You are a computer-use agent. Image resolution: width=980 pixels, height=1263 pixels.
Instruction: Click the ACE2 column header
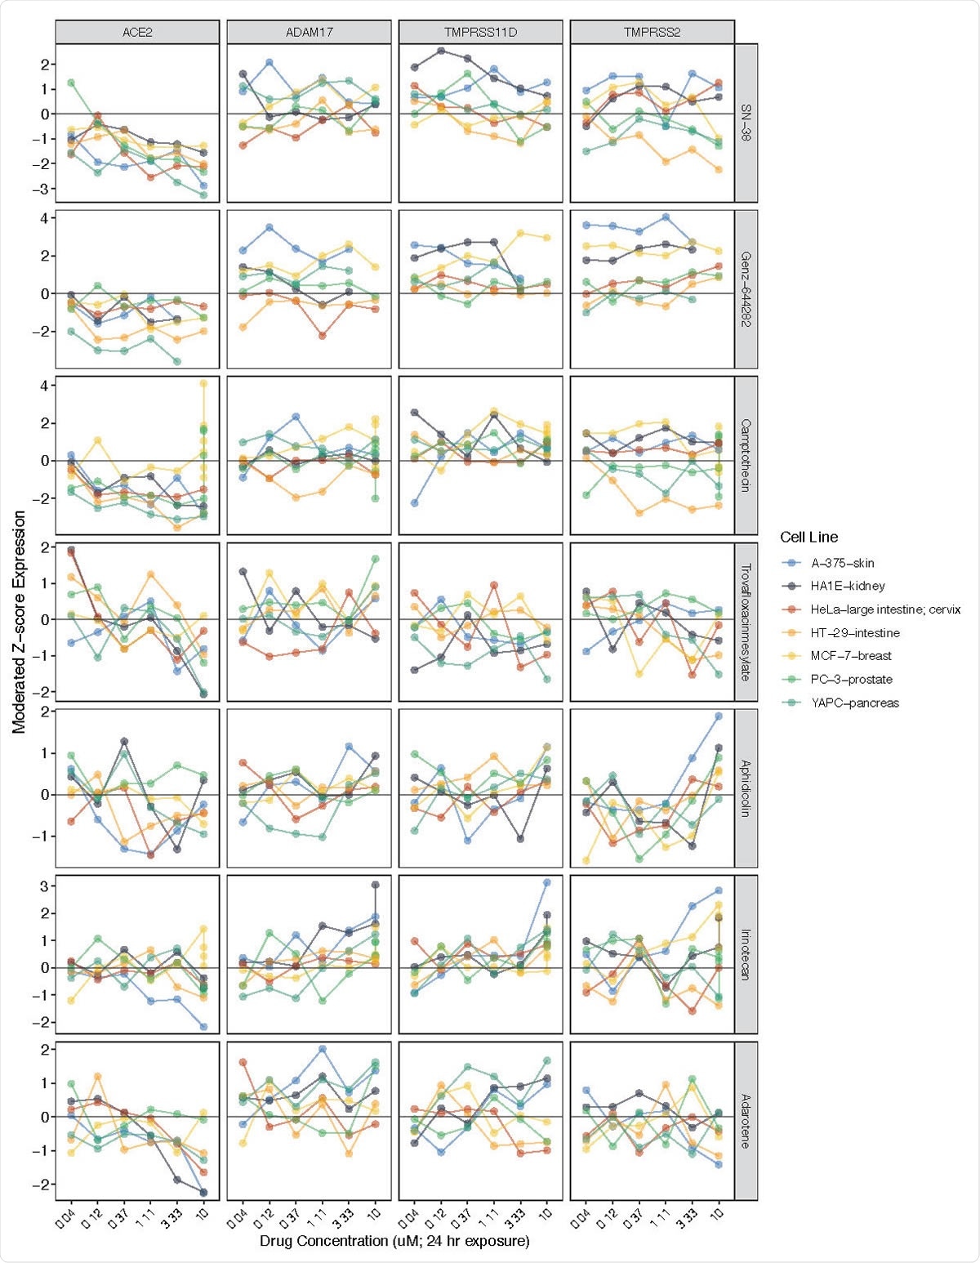coord(137,32)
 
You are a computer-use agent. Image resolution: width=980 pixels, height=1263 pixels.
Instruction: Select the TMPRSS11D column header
coord(480,32)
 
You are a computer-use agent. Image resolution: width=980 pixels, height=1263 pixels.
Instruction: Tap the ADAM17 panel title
coord(309,32)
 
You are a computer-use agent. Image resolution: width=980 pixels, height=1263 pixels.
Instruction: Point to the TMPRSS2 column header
coord(652,32)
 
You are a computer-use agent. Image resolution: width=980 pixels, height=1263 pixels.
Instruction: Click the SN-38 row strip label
coord(746,123)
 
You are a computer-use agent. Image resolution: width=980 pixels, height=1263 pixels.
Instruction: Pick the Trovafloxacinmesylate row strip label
coord(746,622)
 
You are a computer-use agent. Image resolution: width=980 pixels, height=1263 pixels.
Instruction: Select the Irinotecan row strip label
coord(746,953)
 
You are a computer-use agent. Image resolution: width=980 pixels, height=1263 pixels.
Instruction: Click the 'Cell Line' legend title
coord(808,537)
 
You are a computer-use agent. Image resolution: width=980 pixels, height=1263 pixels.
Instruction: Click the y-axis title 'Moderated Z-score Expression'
coord(18,622)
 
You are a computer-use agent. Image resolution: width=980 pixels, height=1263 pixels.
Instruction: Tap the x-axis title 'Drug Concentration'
coord(394,1241)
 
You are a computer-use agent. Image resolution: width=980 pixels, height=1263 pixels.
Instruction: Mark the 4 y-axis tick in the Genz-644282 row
coord(43,218)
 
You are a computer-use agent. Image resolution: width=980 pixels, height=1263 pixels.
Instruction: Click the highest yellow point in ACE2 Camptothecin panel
coord(203,383)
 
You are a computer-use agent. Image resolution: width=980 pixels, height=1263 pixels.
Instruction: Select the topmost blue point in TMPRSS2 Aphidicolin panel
coord(719,716)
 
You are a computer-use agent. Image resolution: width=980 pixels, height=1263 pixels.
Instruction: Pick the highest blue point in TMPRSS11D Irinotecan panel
coord(547,882)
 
